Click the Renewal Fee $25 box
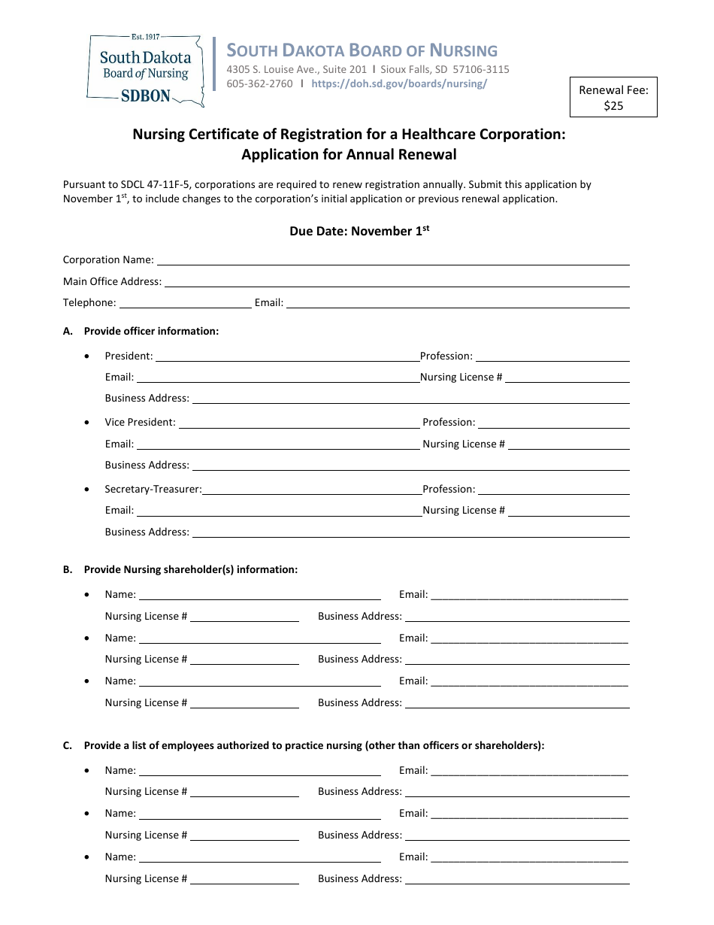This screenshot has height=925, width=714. [613, 98]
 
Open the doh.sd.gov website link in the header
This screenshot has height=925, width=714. [399, 83]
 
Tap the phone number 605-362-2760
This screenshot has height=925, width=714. [260, 83]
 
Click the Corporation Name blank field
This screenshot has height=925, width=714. [392, 260]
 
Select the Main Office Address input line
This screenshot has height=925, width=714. [396, 282]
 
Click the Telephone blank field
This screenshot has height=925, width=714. [185, 303]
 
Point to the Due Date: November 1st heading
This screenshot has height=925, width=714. [359, 231]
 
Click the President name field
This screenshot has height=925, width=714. [287, 356]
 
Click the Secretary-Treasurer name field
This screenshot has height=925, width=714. [312, 490]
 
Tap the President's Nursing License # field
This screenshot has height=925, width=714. [567, 378]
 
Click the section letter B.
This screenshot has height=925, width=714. [68, 570]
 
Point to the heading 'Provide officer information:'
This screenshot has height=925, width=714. [151, 331]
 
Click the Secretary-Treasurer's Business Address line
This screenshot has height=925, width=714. [410, 532]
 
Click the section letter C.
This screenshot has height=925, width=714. [68, 746]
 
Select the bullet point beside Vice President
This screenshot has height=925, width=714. [89, 423]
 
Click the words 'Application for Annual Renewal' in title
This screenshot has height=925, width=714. [349, 155]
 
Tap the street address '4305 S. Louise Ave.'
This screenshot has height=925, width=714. [271, 69]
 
